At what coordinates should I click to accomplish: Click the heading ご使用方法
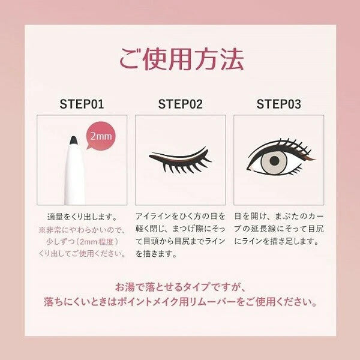tap(181, 59)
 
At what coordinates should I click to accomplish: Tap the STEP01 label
tap(82, 104)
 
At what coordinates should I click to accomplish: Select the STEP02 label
tap(180, 104)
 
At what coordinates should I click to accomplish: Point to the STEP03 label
tap(279, 104)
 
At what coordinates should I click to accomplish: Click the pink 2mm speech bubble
tap(101, 136)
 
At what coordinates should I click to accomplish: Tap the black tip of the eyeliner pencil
tap(73, 140)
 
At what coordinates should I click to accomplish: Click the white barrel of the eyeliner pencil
tap(74, 175)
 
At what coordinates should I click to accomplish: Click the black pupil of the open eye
tap(274, 161)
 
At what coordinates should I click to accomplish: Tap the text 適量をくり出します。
tap(82, 217)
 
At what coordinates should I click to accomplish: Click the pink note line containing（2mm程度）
tap(82, 242)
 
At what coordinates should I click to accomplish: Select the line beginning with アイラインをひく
tap(180, 216)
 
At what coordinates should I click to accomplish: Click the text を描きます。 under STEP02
tap(156, 254)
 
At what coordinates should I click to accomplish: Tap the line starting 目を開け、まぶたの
tap(279, 216)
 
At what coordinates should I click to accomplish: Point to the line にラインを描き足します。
tap(276, 241)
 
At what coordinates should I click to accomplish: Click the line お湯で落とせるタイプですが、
tap(180, 287)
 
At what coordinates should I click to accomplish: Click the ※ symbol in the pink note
tap(42, 230)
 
